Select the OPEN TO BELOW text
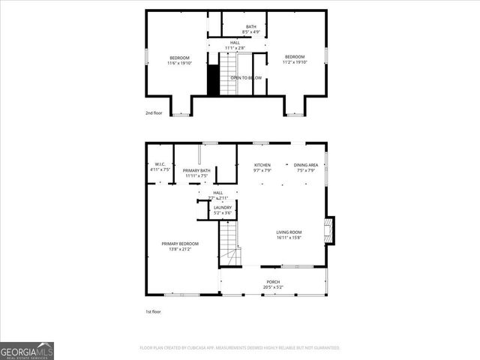pos(246,77)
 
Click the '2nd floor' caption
pos(154,113)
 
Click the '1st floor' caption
pos(153,311)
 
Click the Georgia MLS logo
pos(27,350)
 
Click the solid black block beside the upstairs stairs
pos(213,80)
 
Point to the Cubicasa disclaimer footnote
pos(240,348)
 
